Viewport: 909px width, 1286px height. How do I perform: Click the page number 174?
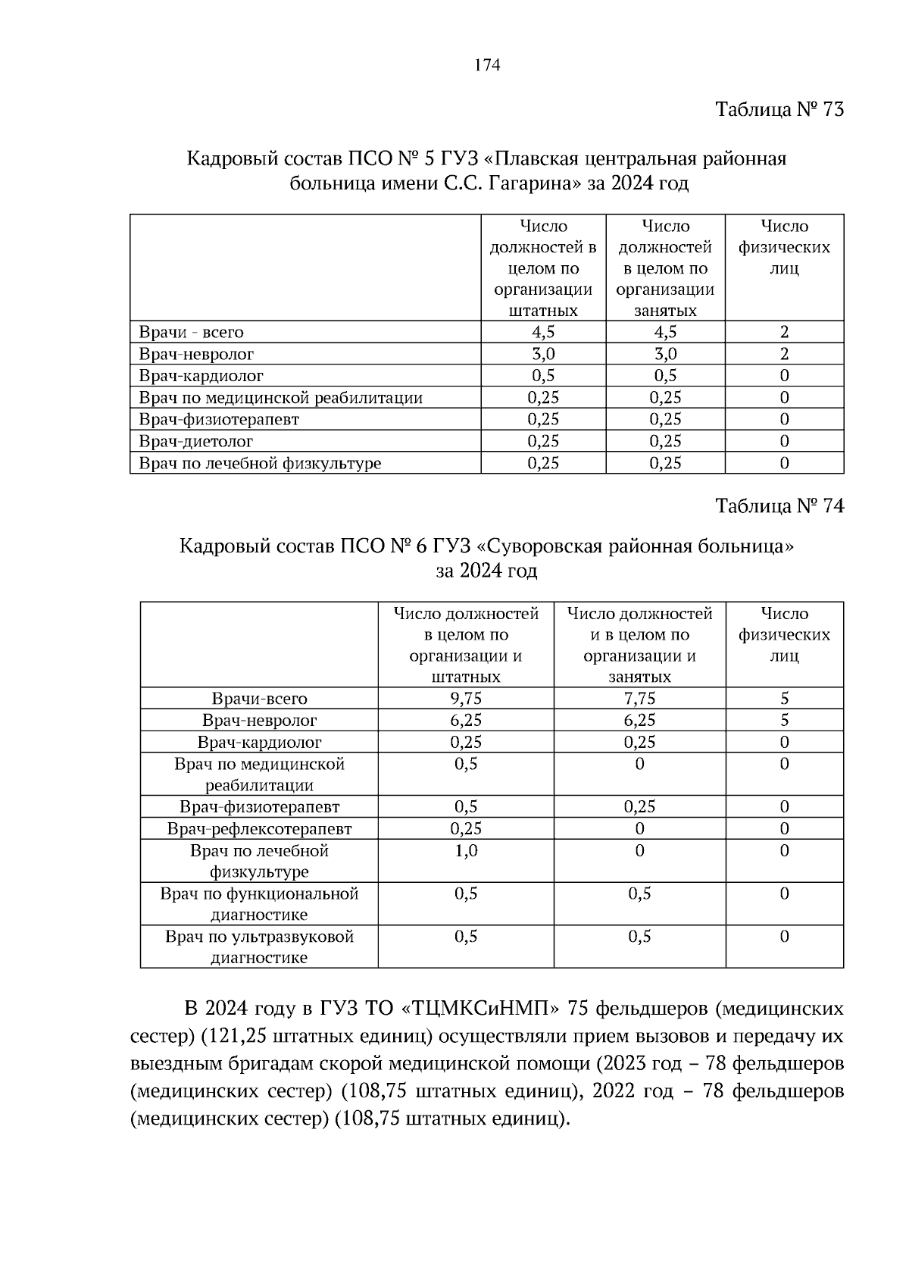487,65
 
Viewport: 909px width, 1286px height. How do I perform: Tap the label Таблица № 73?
779,110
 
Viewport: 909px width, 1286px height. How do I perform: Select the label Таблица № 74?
779,506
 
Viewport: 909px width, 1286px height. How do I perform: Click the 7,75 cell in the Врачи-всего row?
639,699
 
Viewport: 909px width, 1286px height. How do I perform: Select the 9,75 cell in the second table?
466,699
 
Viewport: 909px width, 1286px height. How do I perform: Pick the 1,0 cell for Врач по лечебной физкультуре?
466,850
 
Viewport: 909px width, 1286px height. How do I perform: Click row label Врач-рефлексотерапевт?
259,829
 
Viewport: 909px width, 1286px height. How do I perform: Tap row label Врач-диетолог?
196,441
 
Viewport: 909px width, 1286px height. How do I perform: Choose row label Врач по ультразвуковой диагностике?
259,947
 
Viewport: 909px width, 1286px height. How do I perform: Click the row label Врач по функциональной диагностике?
259,903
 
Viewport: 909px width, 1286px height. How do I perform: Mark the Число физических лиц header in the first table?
784,247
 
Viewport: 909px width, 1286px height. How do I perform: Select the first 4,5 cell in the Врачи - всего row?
542,332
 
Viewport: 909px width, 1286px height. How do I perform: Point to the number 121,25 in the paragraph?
242,1036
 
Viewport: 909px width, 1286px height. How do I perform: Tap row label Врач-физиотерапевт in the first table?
219,419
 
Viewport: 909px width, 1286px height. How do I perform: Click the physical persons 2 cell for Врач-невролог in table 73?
784,354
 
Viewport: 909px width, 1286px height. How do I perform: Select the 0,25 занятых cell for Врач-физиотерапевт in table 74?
639,807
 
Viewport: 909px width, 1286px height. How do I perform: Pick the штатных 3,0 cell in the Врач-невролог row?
542,354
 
